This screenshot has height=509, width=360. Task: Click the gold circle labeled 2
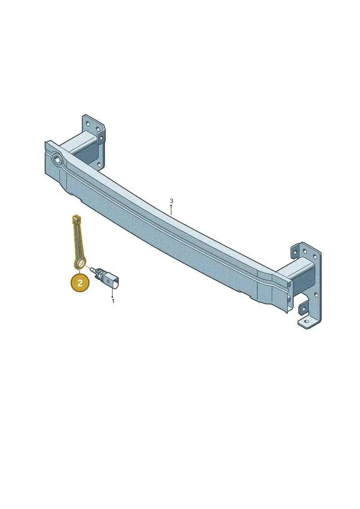(80, 283)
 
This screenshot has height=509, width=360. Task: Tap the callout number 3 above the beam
(171, 201)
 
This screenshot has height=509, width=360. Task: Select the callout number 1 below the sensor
(113, 301)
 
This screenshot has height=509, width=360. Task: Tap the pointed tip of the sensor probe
(92, 269)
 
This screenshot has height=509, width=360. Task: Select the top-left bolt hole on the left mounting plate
(87, 123)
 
